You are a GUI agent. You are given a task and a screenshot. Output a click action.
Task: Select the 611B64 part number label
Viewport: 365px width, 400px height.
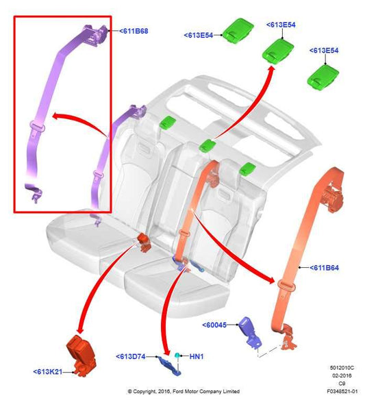(x=327, y=267)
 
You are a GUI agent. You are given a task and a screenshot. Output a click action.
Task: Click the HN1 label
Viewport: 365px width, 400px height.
(x=197, y=357)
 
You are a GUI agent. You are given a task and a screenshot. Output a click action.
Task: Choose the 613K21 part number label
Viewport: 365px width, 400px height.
(x=47, y=371)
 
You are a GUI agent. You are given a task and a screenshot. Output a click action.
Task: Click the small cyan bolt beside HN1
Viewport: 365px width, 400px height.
(x=179, y=355)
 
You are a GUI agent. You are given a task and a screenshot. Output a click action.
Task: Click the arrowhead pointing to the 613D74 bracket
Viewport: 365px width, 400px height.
(x=166, y=344)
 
